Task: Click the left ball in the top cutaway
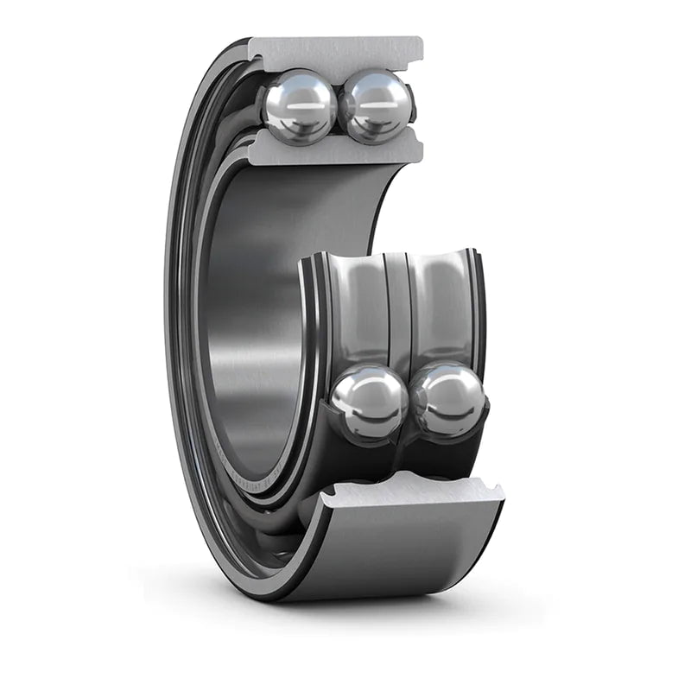click(299, 107)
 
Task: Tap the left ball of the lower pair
click(370, 403)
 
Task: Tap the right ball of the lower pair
click(448, 401)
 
